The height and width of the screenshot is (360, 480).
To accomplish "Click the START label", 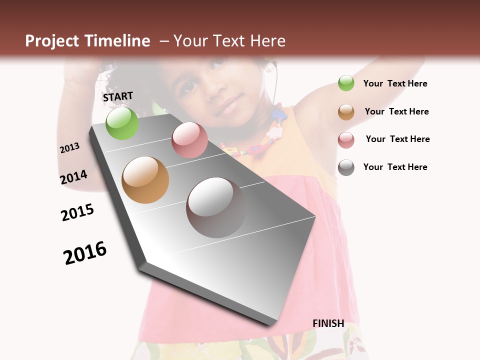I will coord(118,96).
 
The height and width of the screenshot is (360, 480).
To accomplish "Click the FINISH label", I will coord(328,323).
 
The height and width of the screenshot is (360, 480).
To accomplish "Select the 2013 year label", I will coord(69,148).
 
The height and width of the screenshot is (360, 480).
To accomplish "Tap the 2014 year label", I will coord(73,177).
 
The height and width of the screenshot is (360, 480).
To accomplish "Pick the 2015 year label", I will coord(77,212).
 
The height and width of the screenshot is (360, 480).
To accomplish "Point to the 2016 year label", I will coord(85,252).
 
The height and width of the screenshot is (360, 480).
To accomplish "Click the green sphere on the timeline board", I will coord(122,123).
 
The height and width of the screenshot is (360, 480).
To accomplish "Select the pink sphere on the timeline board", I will coord(189,140).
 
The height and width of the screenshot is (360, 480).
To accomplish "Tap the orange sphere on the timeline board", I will coord(145,180).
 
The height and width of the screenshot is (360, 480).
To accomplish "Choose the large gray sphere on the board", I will coord(216,207).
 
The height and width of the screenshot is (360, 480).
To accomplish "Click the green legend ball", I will coord(346,83).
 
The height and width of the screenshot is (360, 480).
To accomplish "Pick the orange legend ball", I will coord(346,111).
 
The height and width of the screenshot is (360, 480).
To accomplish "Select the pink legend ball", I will coord(346,139).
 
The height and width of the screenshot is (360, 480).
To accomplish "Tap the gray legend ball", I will coord(346,167).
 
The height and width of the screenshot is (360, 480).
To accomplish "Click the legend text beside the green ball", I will coord(395,83).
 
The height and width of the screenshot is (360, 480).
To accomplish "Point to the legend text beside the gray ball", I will coord(395,167).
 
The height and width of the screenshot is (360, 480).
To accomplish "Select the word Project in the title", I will coord(52,41).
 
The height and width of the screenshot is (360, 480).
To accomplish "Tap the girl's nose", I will coord(216,90).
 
